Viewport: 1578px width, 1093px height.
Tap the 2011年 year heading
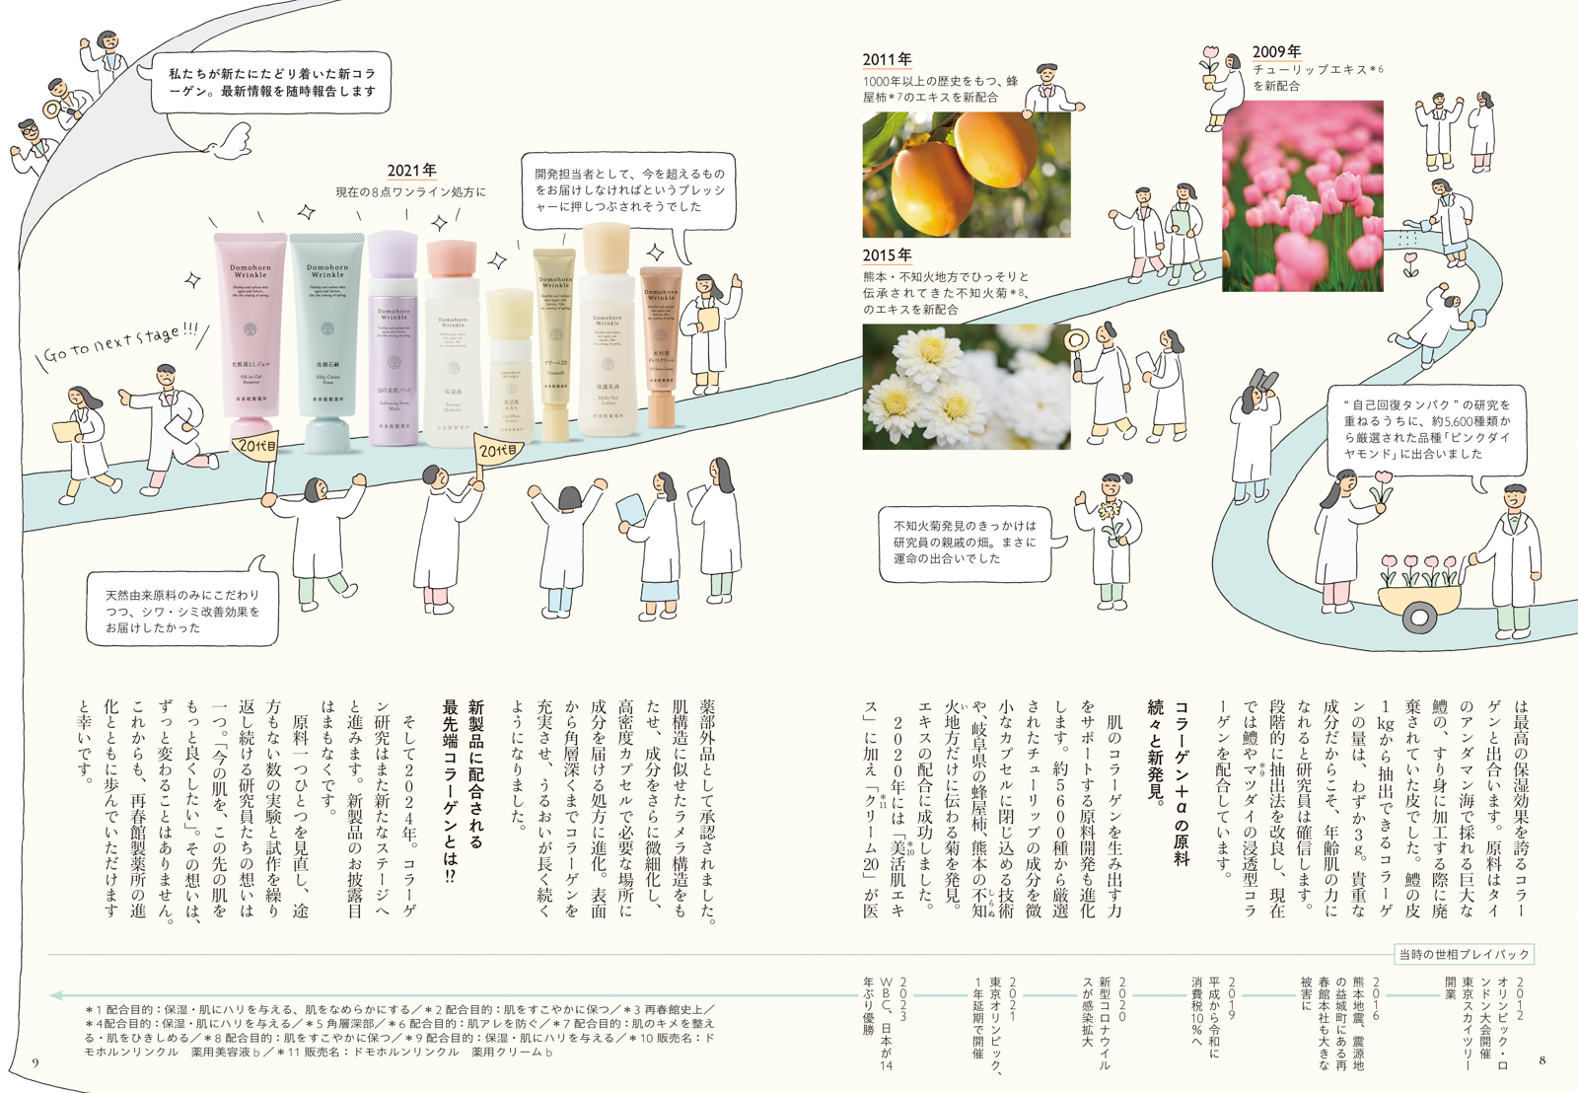click(887, 59)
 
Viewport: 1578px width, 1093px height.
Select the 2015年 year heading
click(887, 255)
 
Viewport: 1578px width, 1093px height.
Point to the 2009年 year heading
click(1276, 51)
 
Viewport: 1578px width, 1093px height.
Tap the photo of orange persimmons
click(966, 174)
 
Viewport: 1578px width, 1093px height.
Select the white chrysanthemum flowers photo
click(966, 387)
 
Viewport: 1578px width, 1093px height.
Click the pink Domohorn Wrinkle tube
click(251, 335)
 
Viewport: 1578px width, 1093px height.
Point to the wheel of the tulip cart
click(1419, 619)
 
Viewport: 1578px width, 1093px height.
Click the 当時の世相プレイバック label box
click(1464, 954)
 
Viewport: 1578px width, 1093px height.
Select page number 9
click(36, 1062)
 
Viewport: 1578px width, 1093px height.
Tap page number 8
click(1542, 1060)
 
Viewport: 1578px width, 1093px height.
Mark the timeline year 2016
click(1374, 998)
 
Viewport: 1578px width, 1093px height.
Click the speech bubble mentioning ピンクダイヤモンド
click(1426, 429)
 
